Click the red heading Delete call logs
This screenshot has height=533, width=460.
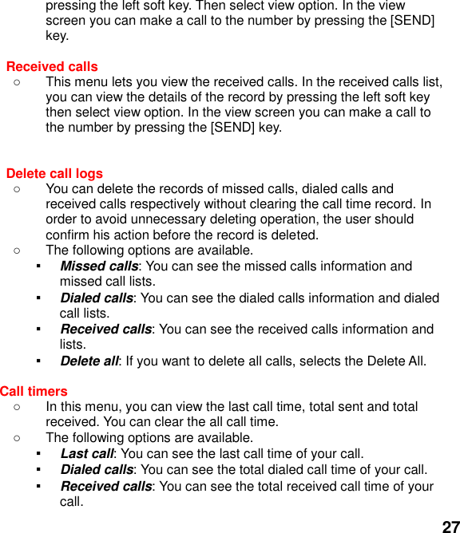(54, 173)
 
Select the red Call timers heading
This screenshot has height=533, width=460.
(34, 391)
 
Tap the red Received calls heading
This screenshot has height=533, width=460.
(52, 66)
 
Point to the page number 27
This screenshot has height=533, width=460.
(450, 526)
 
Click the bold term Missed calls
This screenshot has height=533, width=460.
(99, 266)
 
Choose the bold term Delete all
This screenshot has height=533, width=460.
(89, 361)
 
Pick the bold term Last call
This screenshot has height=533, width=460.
(86, 453)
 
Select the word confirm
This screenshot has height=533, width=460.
(69, 235)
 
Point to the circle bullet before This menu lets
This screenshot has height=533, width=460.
(17, 81)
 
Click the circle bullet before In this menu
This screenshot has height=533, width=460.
(17, 407)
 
